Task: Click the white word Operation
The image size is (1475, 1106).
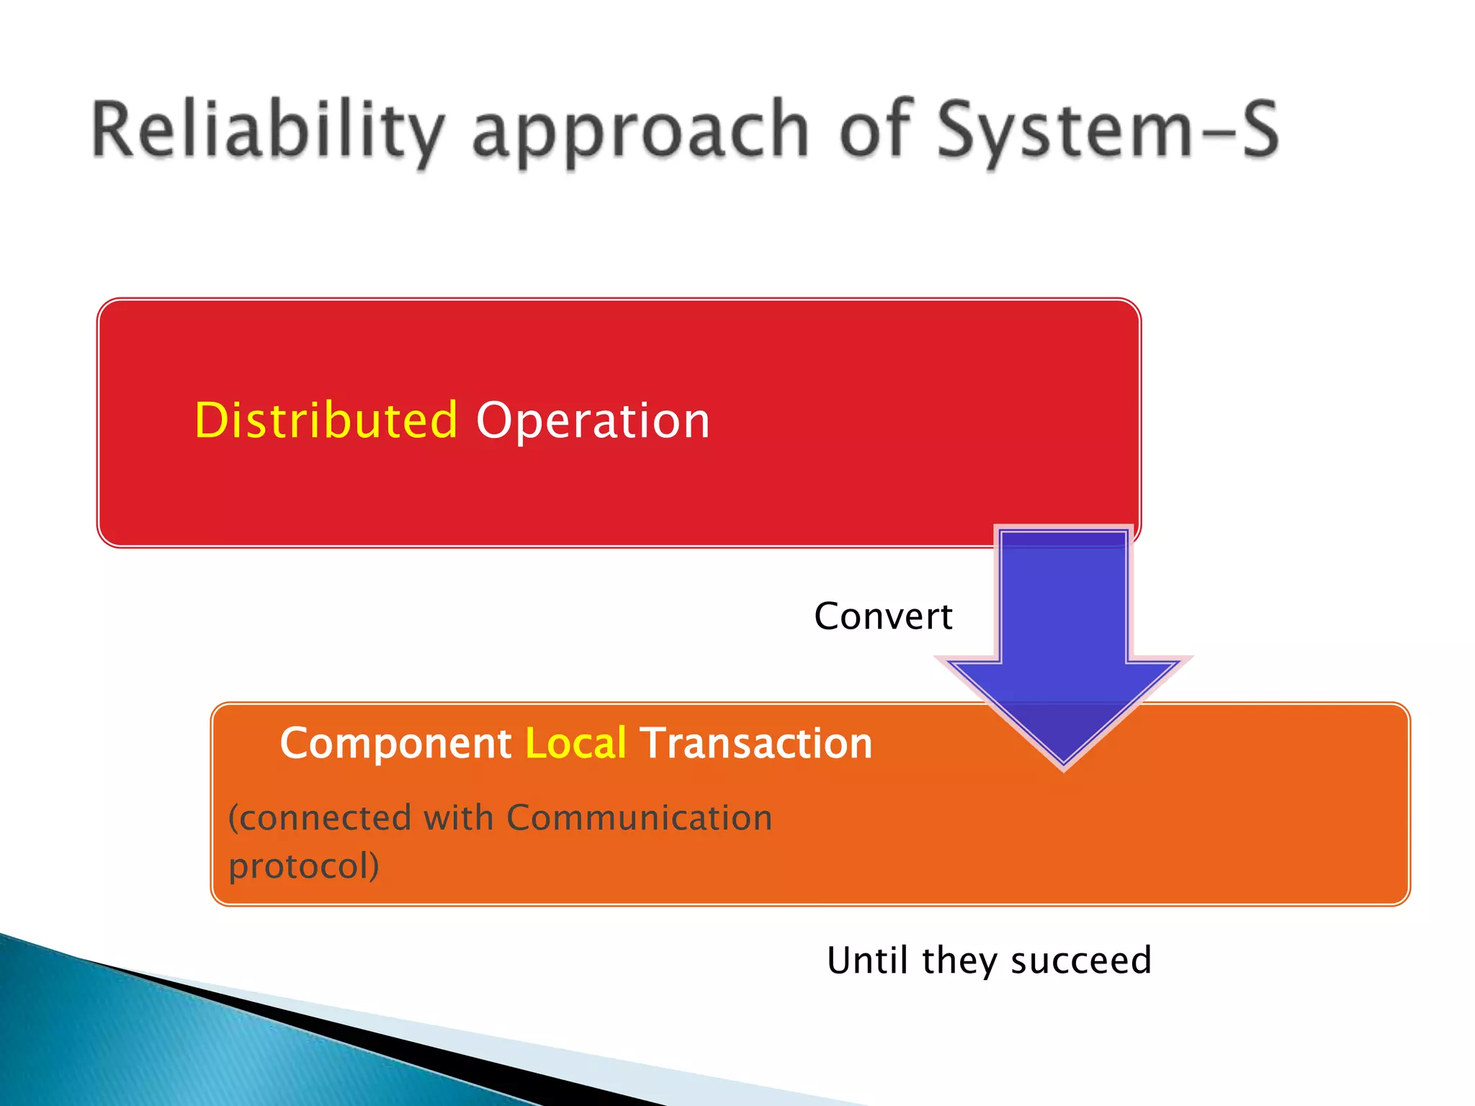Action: coord(593,421)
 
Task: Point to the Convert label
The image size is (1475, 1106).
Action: coord(883,616)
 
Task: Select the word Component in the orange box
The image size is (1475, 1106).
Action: coord(395,744)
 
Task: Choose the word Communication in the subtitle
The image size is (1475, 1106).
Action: coord(639,818)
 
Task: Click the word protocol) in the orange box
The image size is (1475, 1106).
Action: coord(303,866)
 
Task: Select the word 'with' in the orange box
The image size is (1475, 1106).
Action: coord(458,818)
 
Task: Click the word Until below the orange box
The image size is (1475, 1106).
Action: coord(869,961)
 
